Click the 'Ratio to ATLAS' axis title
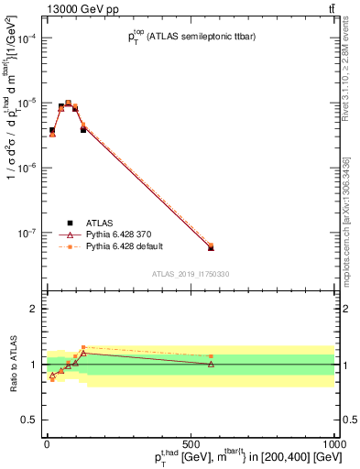click(12, 364)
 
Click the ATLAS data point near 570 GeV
click(211, 248)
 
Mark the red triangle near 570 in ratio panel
click(211, 365)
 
